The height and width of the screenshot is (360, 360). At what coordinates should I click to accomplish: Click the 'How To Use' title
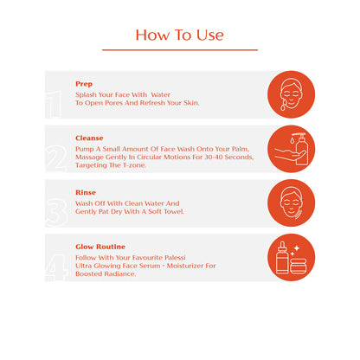179,35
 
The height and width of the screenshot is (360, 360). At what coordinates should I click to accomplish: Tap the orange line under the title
180,50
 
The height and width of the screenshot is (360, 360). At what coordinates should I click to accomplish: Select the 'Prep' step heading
84,84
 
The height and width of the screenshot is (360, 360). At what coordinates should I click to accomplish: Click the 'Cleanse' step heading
89,138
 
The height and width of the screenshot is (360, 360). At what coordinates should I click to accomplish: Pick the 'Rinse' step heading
86,192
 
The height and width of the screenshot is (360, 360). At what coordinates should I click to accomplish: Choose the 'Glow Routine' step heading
100,247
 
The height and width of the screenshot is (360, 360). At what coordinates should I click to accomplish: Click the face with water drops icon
291,94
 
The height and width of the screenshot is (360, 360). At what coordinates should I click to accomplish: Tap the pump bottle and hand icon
291,149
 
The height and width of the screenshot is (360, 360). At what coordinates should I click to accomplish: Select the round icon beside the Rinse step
291,203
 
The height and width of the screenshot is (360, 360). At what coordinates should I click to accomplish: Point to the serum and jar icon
291,257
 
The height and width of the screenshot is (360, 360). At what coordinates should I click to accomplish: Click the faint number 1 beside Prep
54,105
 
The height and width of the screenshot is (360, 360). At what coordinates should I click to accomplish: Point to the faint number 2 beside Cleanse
56,158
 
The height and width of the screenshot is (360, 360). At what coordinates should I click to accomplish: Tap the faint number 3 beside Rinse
56,213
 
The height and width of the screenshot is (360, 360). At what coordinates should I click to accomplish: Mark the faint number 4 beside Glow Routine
56,267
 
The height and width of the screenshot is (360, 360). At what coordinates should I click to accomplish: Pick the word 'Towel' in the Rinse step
174,211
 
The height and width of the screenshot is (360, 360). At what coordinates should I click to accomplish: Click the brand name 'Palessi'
175,257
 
